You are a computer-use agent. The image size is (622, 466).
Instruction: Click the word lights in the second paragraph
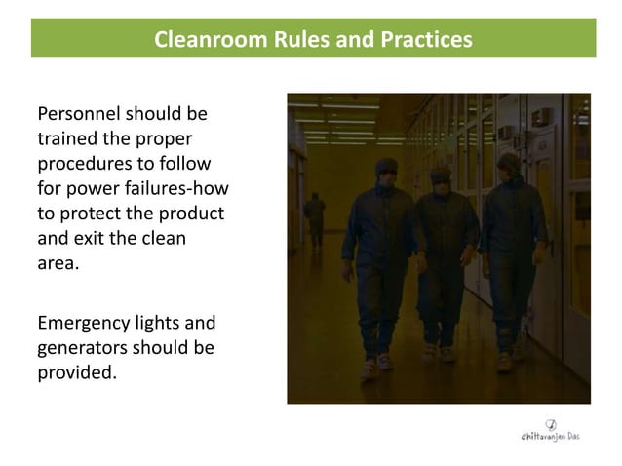[163, 324]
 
